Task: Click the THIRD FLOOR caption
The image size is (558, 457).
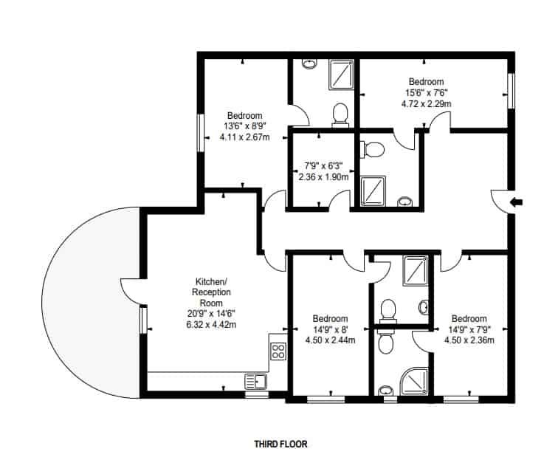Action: coord(280,444)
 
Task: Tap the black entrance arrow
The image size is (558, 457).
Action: coord(517,202)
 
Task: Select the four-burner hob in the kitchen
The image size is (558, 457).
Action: coord(278,351)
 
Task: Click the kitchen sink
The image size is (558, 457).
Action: coord(255,381)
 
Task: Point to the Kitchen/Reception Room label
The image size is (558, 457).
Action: coord(211,292)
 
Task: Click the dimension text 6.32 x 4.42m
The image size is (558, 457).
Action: coord(211,325)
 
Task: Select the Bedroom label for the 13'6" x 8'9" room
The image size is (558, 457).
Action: coord(245,116)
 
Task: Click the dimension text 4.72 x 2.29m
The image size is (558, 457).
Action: coord(427,104)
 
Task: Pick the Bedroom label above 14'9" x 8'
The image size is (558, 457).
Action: coord(330,318)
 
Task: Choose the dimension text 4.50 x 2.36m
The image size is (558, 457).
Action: coord(469,340)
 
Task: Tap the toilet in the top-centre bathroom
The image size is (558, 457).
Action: coord(340,115)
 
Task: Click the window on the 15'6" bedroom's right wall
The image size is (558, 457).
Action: coord(511,91)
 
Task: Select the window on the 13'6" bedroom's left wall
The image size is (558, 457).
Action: coord(201,133)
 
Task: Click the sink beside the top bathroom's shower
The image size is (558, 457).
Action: coord(309,64)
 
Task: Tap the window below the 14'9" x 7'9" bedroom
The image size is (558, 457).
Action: coord(461,399)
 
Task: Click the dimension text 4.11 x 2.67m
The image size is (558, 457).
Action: coord(245,137)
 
